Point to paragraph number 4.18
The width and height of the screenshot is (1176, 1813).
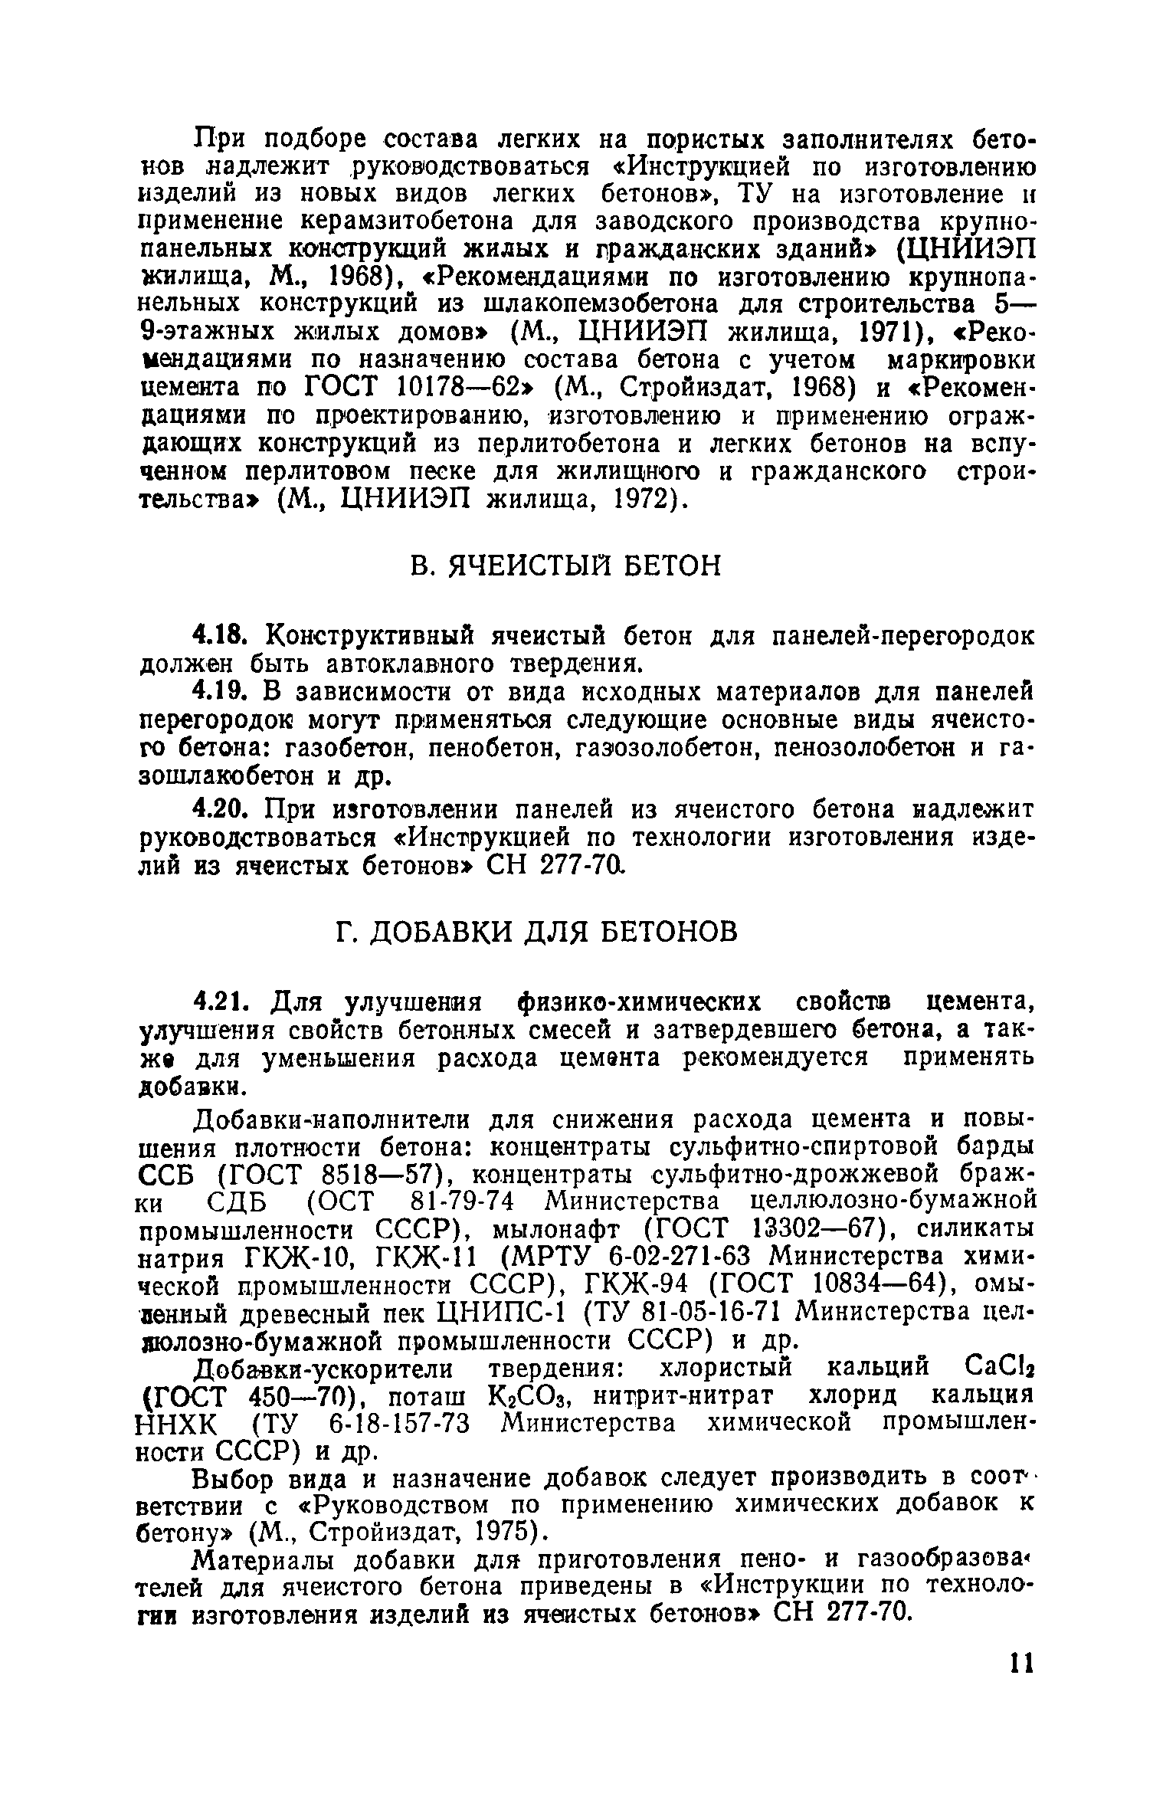(x=218, y=636)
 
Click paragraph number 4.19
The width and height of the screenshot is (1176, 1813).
(x=218, y=692)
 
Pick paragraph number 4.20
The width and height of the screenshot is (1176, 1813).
(x=218, y=810)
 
